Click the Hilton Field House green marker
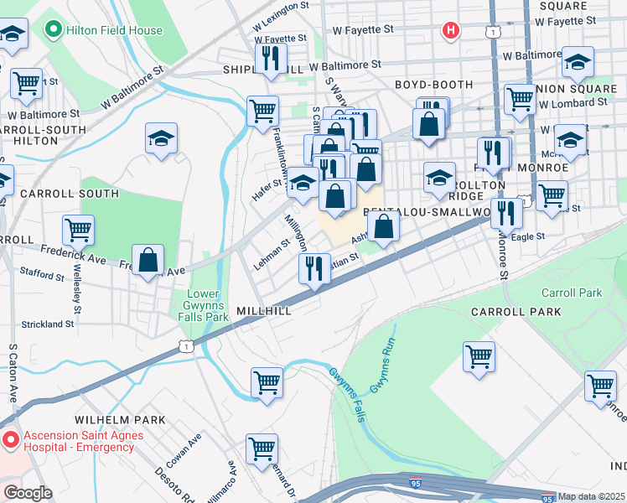[x=54, y=31]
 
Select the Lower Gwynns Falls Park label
[x=206, y=306]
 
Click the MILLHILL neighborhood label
[x=264, y=310]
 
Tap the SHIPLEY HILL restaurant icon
[x=269, y=60]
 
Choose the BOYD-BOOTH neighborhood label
[x=433, y=86]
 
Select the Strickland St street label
[x=49, y=324]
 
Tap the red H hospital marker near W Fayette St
[x=451, y=32]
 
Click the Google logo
[x=28, y=493]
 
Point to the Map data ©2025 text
[x=592, y=496]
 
